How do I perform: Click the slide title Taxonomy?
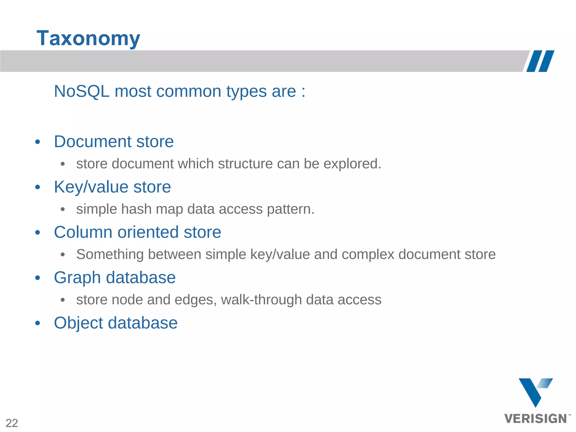tap(88, 38)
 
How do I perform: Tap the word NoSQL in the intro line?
tap(82, 91)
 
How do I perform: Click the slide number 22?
tap(12, 423)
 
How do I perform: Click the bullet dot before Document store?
tap(38, 142)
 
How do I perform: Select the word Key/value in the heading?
tap(91, 187)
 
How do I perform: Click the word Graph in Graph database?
tap(77, 278)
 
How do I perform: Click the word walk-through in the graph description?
tap(261, 300)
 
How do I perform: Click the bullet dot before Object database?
tap(38, 323)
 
